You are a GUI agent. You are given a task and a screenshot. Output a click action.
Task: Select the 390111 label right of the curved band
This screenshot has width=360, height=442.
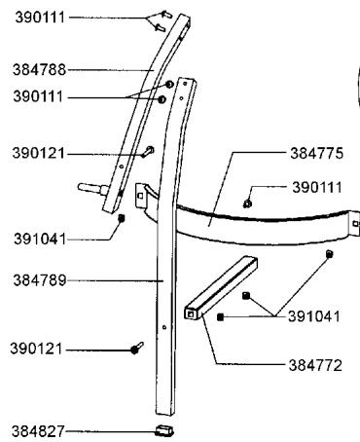click(315, 186)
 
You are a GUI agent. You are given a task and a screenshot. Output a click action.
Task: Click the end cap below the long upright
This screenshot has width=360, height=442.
click(162, 428)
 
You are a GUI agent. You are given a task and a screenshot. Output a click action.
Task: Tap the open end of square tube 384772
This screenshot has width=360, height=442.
click(190, 315)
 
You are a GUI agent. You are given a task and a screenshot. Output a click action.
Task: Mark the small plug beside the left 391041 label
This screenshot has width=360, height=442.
click(121, 218)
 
